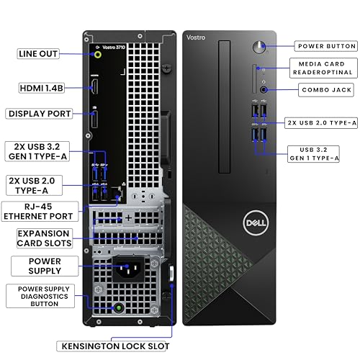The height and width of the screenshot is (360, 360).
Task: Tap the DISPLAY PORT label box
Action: point(40,113)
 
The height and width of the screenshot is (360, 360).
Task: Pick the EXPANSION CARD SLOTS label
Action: point(44,238)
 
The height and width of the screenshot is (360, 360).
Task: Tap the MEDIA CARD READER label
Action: point(322,68)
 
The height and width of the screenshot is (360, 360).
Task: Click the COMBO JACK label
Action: point(325,91)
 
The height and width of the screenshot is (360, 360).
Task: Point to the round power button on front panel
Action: point(259,48)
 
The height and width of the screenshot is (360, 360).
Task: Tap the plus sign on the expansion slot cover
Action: point(128,217)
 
